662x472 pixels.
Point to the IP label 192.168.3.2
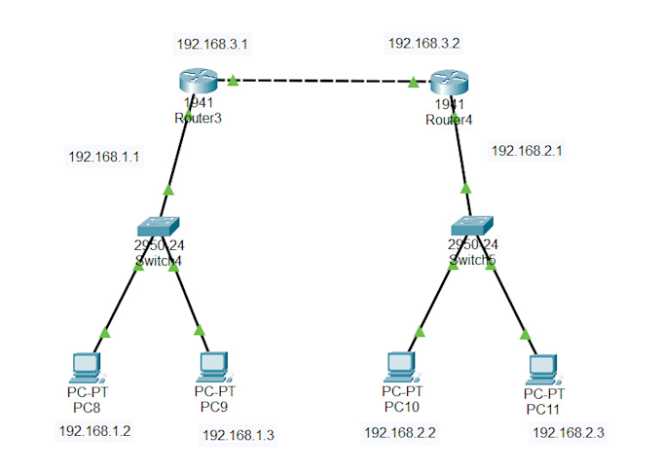423,44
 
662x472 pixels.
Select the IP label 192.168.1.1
104,156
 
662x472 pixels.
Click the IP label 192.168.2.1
527,151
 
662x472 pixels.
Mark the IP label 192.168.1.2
94,430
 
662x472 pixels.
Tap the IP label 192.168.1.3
239,435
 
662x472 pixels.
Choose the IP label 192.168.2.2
399,432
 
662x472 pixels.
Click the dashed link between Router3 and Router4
321,83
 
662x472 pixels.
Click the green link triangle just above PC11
527,335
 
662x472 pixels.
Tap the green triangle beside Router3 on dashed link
233,83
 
